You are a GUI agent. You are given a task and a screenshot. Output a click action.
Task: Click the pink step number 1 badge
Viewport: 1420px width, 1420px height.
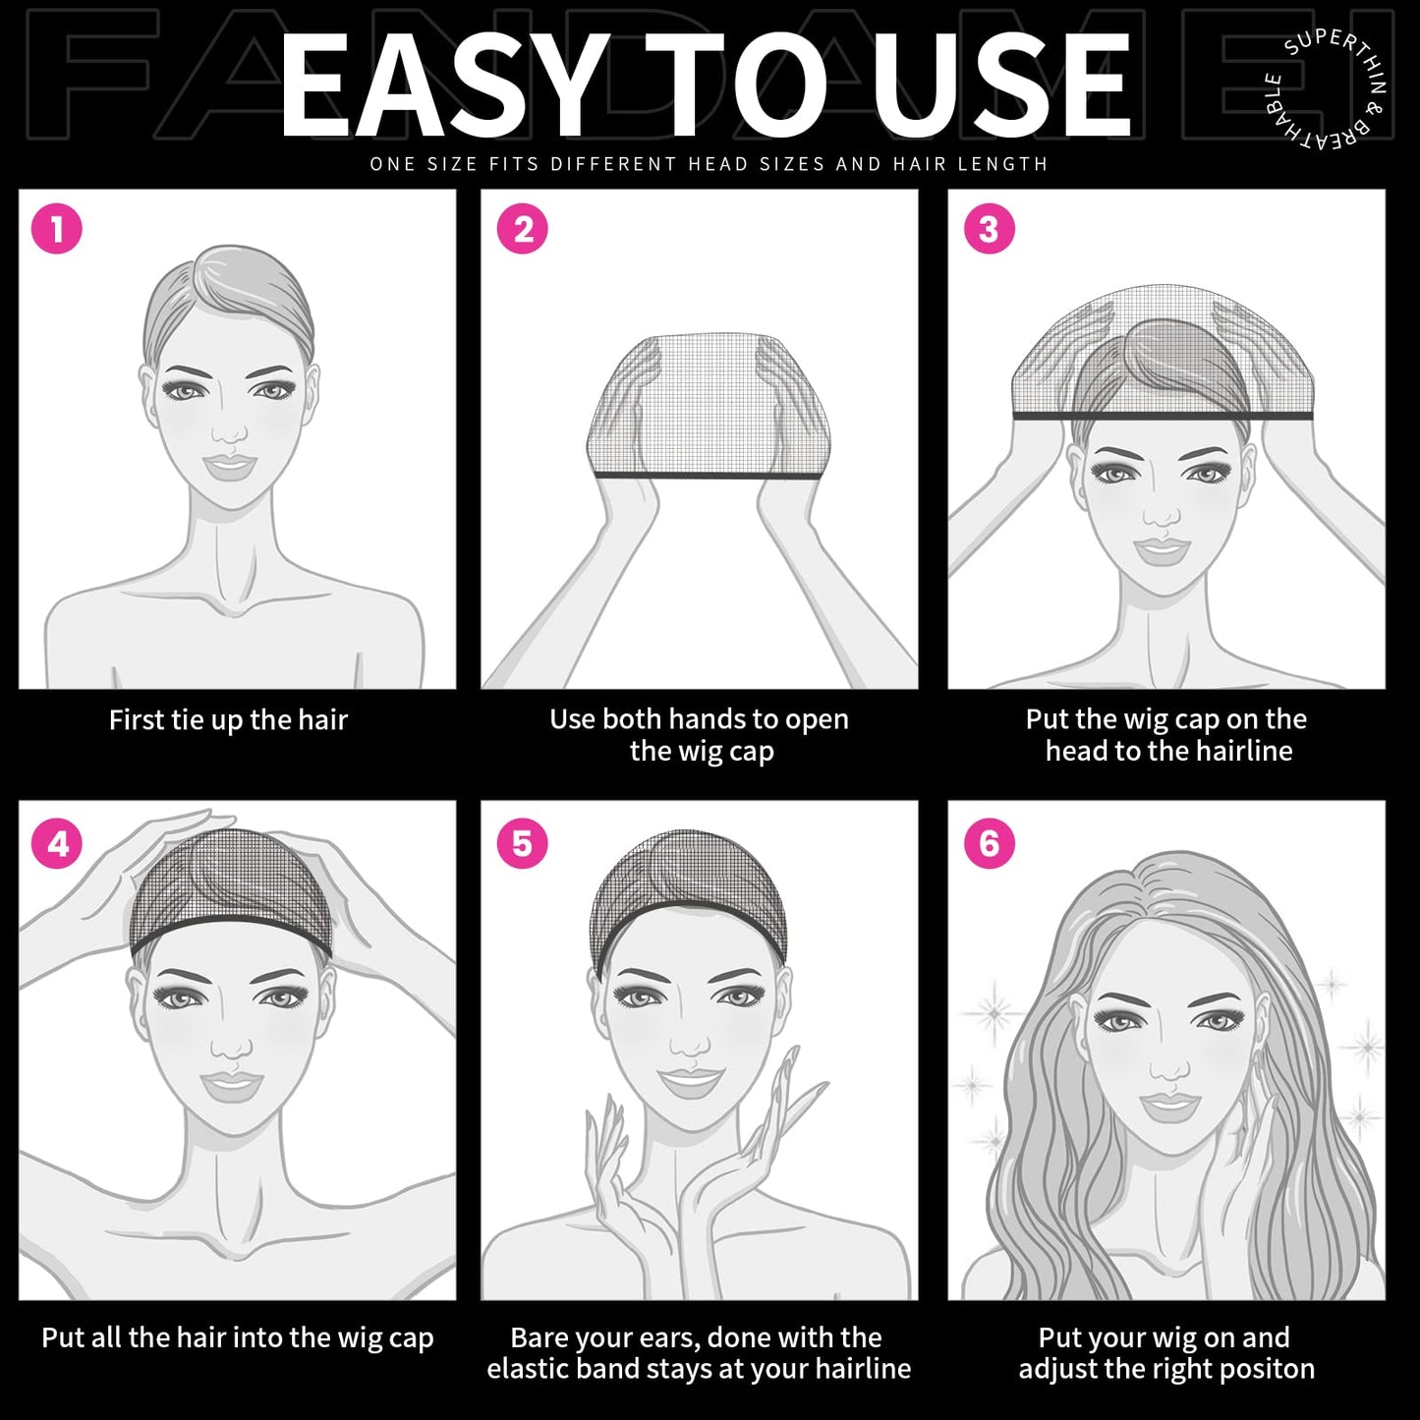coord(57,229)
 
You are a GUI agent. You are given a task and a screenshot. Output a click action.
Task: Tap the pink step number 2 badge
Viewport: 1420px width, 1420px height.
coord(523,229)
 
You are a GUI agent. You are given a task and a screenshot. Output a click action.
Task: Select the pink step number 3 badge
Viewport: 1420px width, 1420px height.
coord(989,229)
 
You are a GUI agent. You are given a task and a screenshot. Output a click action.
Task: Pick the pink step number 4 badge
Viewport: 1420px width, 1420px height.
coord(57,843)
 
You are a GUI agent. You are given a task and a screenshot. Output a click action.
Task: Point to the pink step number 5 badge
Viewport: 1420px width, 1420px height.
coord(523,843)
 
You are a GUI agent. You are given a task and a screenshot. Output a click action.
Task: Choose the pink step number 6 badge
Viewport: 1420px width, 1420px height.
coord(989,843)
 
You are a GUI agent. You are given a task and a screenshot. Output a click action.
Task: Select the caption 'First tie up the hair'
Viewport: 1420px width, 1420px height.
coord(228,720)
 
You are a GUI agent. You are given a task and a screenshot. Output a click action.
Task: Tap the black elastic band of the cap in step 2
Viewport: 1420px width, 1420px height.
coord(706,476)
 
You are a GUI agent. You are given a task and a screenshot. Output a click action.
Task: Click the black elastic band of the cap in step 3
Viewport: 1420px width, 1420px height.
coord(1163,417)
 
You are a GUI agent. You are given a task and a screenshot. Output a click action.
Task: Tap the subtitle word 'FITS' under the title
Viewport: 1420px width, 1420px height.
coord(514,164)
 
